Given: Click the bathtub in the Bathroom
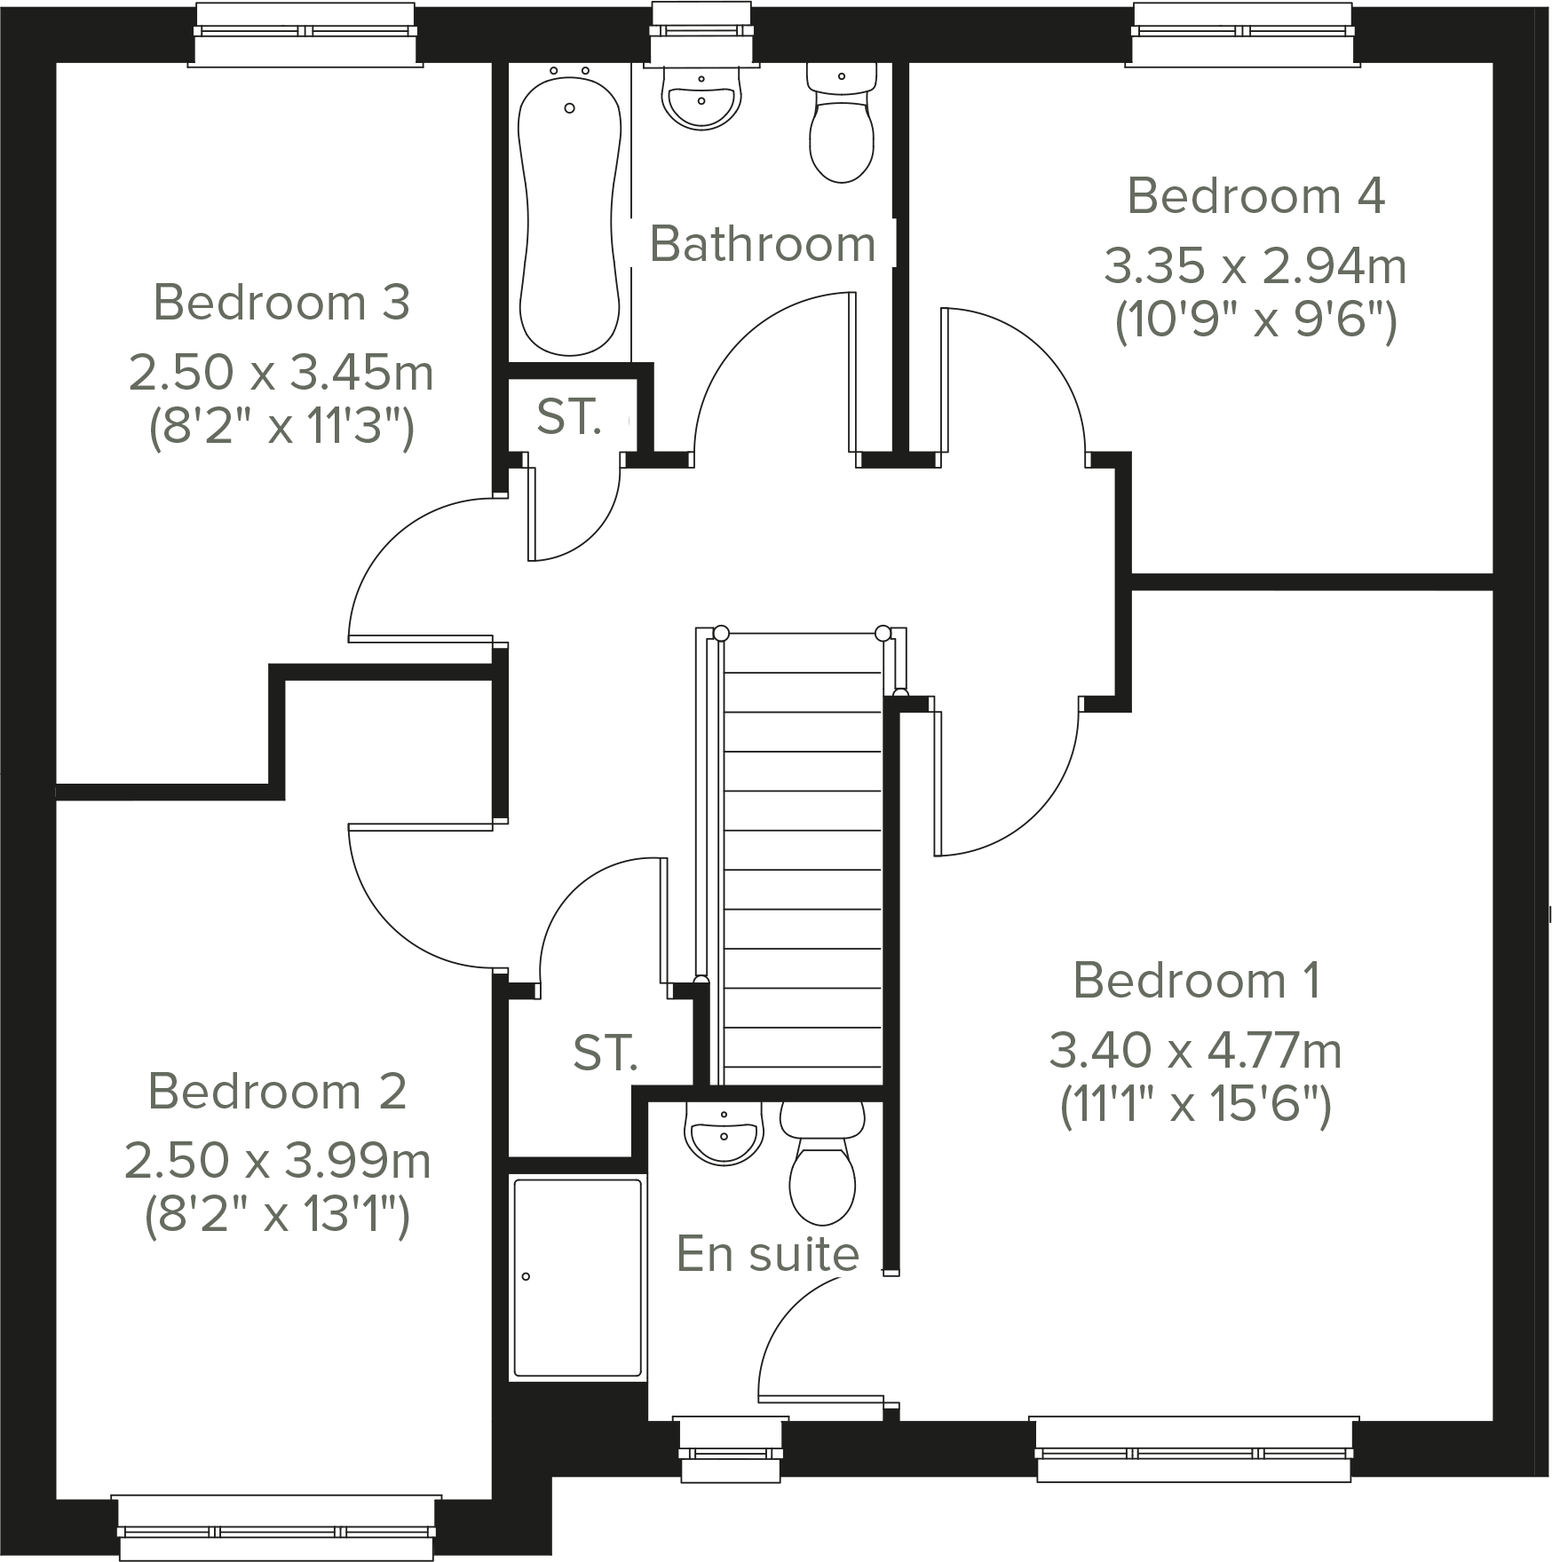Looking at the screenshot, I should pos(569,213).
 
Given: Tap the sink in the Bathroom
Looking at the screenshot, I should pos(701,98).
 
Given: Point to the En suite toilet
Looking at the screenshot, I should pos(822,1167).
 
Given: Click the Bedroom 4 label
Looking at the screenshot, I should pos(1255,196).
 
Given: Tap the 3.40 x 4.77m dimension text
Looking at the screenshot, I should pos(1195,1051).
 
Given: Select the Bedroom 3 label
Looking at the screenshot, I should pos(281,303).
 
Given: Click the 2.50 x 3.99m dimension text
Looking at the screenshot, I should pos(278,1161).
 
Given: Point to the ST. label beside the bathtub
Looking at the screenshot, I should pos(569,416).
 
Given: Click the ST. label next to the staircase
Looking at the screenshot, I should pos(605,1053).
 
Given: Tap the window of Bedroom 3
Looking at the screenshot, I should pos(305,31).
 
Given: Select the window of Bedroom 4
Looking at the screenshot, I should pos(1242,31).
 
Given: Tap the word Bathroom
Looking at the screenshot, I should pos(763,244).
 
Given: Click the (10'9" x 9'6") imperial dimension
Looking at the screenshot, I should pos(1255,321).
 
